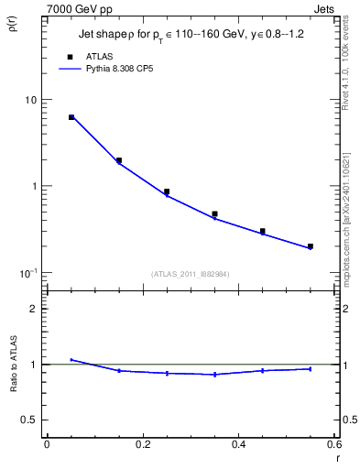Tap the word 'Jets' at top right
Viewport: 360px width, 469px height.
pyautogui.click(x=325, y=7)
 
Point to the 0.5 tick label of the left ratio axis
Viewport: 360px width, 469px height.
pyautogui.click(x=28, y=420)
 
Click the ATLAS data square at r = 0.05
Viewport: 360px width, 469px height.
pyautogui.click(x=71, y=117)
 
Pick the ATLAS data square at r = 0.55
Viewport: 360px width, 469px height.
pyautogui.click(x=311, y=246)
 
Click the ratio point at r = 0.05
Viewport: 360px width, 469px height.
pyautogui.click(x=71, y=360)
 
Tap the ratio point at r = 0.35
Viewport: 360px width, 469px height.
pyautogui.click(x=215, y=374)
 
